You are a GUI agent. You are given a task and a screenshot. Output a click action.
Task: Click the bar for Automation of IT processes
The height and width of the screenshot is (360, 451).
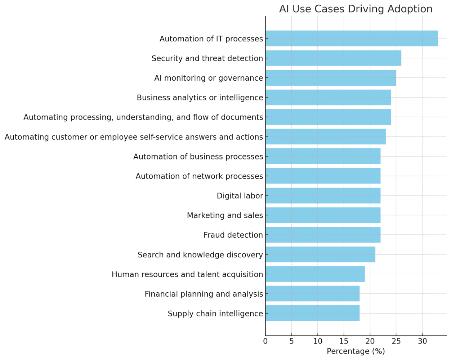352,39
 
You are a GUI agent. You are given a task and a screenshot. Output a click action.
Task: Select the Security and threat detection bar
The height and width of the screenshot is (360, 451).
333,58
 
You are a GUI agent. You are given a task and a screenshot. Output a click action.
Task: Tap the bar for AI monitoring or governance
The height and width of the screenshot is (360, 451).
331,78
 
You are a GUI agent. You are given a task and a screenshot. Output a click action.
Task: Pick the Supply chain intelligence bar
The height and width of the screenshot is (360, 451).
312,313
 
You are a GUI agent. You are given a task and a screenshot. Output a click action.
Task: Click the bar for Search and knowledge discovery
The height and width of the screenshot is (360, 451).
320,255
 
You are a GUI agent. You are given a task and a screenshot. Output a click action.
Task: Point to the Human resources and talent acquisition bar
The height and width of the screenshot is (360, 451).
315,274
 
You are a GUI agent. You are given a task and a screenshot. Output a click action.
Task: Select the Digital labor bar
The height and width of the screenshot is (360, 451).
323,195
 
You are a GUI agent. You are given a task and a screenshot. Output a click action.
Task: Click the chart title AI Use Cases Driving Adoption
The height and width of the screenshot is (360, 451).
356,9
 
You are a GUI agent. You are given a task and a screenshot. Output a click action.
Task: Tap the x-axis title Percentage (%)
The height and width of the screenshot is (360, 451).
356,351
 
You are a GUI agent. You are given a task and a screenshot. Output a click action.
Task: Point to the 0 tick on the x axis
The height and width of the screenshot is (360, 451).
265,341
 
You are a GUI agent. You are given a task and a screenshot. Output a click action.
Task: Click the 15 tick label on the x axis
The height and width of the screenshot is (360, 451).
344,341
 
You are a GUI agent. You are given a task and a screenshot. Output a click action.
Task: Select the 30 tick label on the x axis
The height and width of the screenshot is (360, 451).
422,341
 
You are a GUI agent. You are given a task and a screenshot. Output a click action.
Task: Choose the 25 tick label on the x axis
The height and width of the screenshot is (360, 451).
396,341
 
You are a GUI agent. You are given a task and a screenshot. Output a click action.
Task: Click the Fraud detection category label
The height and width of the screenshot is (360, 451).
233,235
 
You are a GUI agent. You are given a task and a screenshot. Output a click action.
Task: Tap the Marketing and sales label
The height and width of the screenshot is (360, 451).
225,215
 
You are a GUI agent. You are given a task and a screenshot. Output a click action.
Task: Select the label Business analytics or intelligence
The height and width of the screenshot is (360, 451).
200,98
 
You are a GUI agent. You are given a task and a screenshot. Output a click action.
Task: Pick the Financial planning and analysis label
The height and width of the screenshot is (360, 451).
204,294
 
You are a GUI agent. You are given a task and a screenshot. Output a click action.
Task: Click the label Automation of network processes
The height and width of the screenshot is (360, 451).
199,176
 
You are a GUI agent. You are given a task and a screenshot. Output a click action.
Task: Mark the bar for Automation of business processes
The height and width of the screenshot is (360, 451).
323,156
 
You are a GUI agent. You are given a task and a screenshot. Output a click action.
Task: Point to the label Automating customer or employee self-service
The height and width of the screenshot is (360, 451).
134,137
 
